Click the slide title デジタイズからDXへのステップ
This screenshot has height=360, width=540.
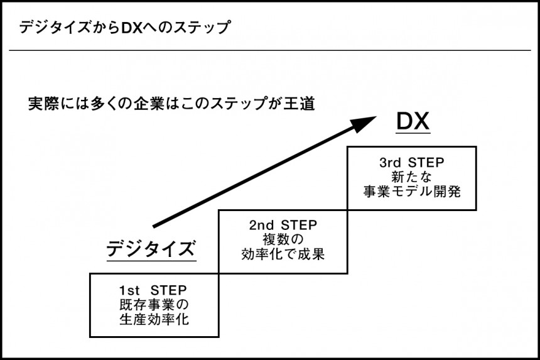[x=124, y=28]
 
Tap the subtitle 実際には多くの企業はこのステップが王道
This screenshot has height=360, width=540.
[x=171, y=103]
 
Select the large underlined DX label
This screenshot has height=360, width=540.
[x=413, y=122]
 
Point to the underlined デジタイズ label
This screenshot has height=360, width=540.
[x=151, y=248]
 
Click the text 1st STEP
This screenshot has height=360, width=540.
[x=153, y=290]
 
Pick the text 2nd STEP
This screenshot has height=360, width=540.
[x=283, y=225]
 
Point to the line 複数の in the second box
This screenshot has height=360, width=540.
[x=283, y=239]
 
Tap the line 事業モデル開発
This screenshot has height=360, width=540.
[x=412, y=191]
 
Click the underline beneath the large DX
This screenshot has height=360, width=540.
[x=413, y=133]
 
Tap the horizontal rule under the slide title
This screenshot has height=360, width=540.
[x=270, y=50]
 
